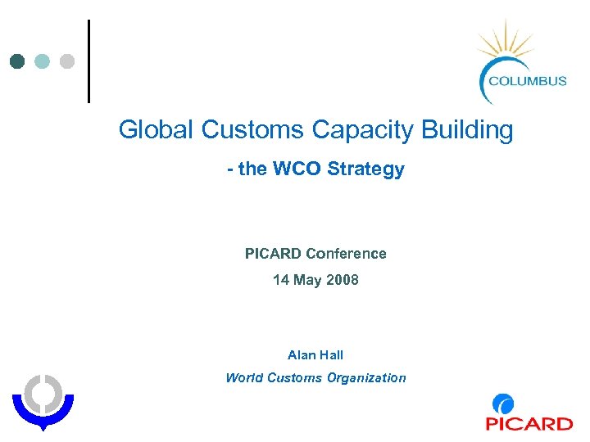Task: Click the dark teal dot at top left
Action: pos(17,61)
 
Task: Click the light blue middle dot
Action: pos(43,61)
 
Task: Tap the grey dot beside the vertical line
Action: pos(67,61)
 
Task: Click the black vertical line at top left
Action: pos(88,61)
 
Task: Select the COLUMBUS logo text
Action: pos(527,80)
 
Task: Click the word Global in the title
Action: pos(156,130)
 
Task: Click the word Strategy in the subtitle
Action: pos(365,170)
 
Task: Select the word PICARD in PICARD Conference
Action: pos(273,254)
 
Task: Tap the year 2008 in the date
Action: pos(343,280)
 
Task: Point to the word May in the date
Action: pos(307,281)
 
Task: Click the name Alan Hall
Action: pos(315,355)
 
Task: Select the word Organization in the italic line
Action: pos(366,378)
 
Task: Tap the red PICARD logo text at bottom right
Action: pos(529,423)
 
